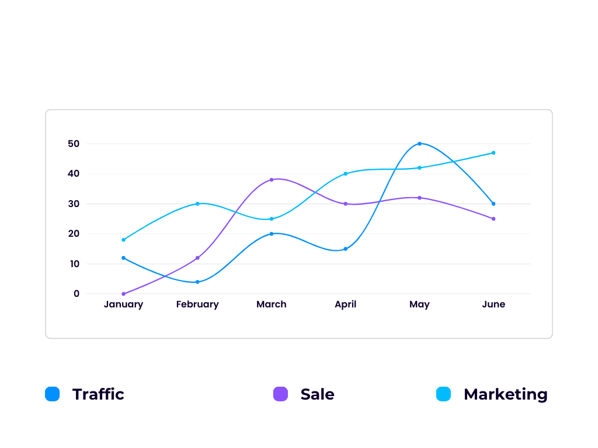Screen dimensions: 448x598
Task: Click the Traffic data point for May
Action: coord(419,143)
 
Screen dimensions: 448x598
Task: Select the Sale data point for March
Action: coord(272,180)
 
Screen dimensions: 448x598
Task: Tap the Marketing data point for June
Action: coord(493,153)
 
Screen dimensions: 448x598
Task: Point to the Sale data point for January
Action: coord(123,294)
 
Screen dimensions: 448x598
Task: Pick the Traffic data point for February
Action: coord(197,282)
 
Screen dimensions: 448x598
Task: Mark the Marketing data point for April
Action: coord(346,174)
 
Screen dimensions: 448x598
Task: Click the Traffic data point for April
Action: coord(346,249)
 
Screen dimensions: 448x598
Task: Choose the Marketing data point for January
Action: coord(123,240)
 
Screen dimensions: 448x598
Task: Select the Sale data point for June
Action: coord(493,219)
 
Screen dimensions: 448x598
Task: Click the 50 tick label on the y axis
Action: coord(74,143)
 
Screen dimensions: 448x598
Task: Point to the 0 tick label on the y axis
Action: coord(77,294)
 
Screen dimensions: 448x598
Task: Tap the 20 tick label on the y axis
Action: coord(74,234)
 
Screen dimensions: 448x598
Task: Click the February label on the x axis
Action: coord(197,304)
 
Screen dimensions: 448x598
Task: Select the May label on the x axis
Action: coord(419,304)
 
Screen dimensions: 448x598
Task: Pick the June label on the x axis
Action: coord(493,304)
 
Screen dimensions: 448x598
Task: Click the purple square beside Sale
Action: coord(280,394)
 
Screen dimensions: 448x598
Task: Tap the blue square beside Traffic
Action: coord(53,394)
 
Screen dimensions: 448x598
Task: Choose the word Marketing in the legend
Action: coord(506,394)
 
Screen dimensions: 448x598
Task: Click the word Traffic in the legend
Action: coord(98,394)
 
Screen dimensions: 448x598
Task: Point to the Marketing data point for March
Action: coord(272,219)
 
